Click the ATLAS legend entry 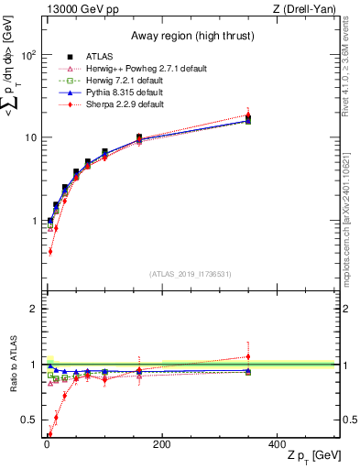coord(95,57)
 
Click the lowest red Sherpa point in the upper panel coord(49,250)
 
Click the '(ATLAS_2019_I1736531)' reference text coord(191,274)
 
